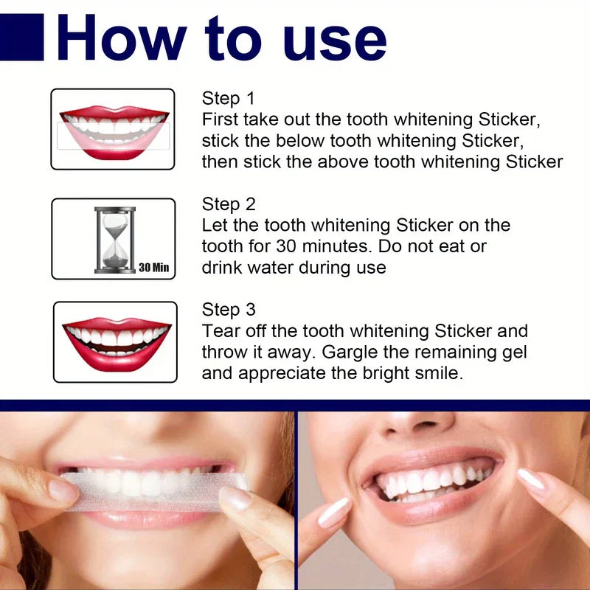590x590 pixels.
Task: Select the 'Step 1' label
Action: [229, 99]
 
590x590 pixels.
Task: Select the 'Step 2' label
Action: [229, 204]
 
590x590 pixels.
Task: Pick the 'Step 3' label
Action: [229, 310]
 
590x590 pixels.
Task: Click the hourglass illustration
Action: [114, 240]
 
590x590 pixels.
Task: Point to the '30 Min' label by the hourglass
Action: [153, 267]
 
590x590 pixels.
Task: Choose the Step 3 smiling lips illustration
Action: [116, 341]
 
